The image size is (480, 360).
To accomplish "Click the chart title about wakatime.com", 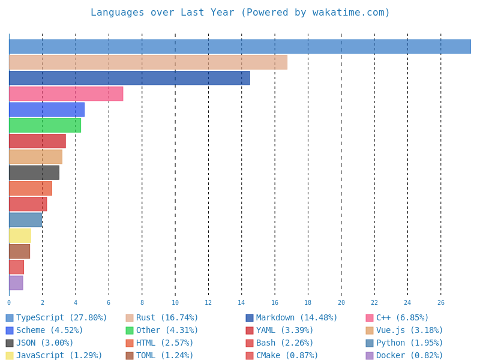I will click(x=240, y=13).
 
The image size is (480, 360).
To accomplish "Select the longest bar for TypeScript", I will click(x=240, y=47).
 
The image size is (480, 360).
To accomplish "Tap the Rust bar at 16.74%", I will click(x=148, y=62).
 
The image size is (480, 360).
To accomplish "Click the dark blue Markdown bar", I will click(x=129, y=78).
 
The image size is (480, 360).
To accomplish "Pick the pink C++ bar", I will click(x=66, y=94).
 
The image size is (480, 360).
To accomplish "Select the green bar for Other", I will click(x=45, y=125).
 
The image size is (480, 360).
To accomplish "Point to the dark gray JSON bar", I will click(x=34, y=173).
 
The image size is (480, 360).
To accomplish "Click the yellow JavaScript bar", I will click(x=20, y=236).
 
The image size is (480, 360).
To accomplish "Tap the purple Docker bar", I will click(x=16, y=283).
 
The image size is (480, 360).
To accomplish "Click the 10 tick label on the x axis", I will click(x=175, y=303).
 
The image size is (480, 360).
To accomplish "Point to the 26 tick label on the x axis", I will click(x=440, y=303).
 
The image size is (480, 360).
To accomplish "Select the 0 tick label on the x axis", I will click(x=9, y=303).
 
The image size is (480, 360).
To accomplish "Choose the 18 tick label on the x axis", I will click(x=308, y=303).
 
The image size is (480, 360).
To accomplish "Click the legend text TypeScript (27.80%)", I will click(x=61, y=318).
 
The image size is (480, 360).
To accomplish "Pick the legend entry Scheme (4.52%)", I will click(x=49, y=331).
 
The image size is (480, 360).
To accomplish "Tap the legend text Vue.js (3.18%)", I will click(x=409, y=331).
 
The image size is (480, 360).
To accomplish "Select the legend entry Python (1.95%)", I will click(x=409, y=343).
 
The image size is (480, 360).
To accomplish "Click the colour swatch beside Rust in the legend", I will click(x=130, y=318).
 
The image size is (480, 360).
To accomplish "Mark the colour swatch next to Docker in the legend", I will click(x=370, y=356).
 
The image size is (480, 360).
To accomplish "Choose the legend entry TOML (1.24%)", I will click(x=164, y=356).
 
